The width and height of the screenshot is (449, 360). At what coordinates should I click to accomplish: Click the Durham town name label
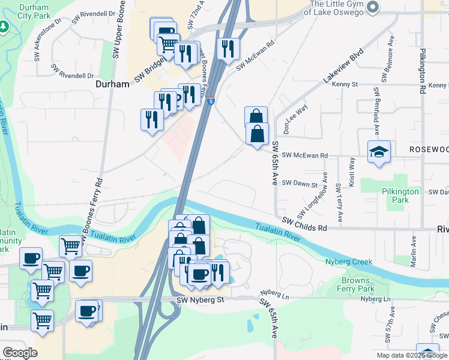click(112, 85)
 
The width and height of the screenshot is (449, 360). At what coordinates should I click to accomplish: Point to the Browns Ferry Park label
click(366, 285)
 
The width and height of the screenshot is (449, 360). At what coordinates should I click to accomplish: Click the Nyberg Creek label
click(349, 262)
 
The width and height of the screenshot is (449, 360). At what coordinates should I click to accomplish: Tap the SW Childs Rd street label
click(304, 226)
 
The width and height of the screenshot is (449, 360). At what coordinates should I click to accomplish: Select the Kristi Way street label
click(352, 173)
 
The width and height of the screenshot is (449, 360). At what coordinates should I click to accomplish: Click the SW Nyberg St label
click(200, 299)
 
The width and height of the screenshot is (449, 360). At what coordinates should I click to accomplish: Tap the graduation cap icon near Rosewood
click(379, 152)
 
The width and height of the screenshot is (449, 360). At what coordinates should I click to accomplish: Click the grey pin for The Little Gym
click(373, 7)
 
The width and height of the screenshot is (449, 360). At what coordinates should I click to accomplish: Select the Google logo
click(20, 353)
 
